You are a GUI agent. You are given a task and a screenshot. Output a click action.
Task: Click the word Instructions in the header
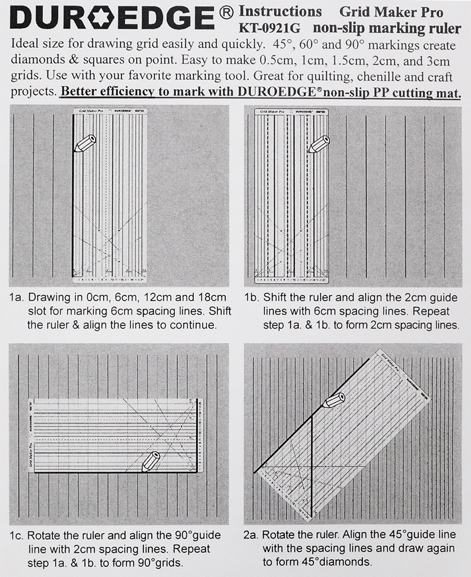tap(280, 11)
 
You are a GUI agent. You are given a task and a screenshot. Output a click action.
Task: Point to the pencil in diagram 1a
tap(84, 143)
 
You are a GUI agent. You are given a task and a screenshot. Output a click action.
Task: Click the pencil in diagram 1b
tap(319, 144)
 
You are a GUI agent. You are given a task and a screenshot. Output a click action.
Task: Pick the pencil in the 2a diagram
tap(333, 400)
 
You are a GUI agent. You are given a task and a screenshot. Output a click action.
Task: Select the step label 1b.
tap(252, 297)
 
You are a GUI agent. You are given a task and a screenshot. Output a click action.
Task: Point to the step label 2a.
tap(252, 535)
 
